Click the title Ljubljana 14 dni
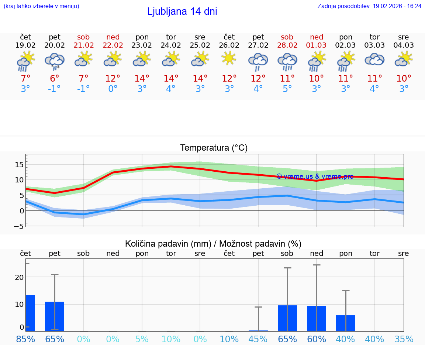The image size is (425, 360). pos(182,11)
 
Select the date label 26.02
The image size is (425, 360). pos(229,45)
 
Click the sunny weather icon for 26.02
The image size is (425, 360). pos(229,58)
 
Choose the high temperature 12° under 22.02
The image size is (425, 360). pos(113,79)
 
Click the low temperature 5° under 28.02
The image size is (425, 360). pos(287,89)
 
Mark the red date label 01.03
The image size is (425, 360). pos(316,45)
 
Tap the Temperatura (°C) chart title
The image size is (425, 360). pos(214,148)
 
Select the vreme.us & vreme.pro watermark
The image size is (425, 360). pos(315,176)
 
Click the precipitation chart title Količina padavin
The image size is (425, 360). pos(213,244)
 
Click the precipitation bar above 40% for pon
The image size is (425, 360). pos(345,323)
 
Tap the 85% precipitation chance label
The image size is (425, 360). pos(25,339)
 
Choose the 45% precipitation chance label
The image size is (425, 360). pos(258,339)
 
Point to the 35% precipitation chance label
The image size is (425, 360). pos(404,339)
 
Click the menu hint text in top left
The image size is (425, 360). pos(41,6)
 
